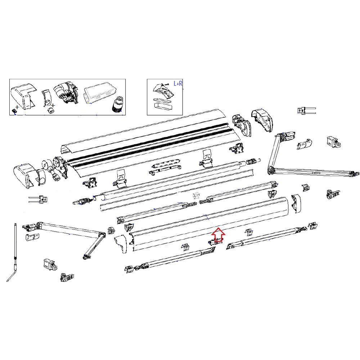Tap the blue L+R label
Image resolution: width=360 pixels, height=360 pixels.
178,84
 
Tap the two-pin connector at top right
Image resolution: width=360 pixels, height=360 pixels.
306,110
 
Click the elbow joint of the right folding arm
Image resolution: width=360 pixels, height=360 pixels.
271,170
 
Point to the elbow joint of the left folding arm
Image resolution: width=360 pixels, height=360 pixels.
102,235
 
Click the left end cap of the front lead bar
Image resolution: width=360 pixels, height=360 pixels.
121,244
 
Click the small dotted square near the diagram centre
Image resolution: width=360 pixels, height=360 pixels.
197,195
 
